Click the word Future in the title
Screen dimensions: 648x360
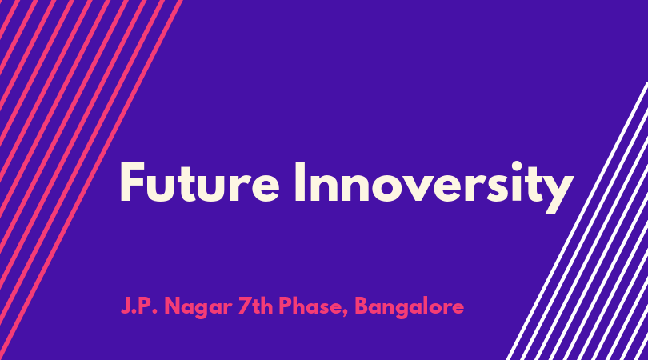200,182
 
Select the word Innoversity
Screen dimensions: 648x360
434,187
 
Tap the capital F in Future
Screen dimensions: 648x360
131,182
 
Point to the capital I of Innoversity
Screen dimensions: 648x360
300,182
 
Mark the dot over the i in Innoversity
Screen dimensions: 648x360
517,166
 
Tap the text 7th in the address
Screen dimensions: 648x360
255,306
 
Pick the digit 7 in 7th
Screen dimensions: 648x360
245,306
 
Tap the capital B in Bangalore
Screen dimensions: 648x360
362,306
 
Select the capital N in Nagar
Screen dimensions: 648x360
173,306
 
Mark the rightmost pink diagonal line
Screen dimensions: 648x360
91,180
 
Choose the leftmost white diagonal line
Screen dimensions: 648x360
577,221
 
